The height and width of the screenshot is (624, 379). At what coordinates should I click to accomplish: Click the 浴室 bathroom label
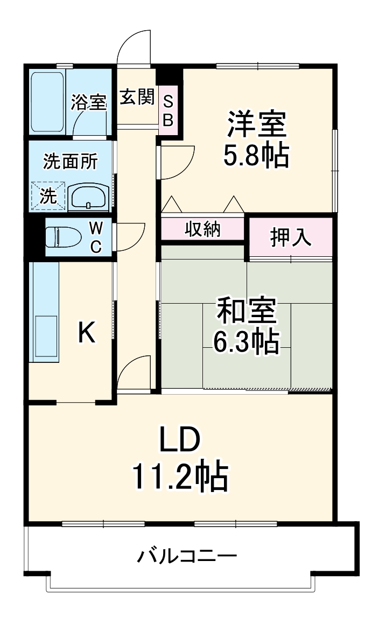[89, 102]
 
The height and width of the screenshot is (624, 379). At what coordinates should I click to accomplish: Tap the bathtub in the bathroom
[47, 101]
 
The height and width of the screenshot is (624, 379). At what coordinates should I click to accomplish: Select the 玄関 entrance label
[137, 97]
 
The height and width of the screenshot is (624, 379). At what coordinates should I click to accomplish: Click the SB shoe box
[168, 110]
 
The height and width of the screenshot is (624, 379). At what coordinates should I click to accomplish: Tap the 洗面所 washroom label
[71, 161]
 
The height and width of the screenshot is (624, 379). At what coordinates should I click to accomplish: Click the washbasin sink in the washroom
[89, 197]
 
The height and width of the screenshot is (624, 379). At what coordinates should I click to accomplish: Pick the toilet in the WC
[62, 236]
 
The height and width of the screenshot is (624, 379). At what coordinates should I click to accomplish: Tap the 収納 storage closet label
[203, 229]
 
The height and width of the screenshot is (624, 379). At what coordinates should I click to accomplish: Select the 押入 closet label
[291, 237]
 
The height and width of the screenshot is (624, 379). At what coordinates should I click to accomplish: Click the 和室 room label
[247, 311]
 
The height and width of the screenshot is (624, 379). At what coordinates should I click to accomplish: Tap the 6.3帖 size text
[247, 341]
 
